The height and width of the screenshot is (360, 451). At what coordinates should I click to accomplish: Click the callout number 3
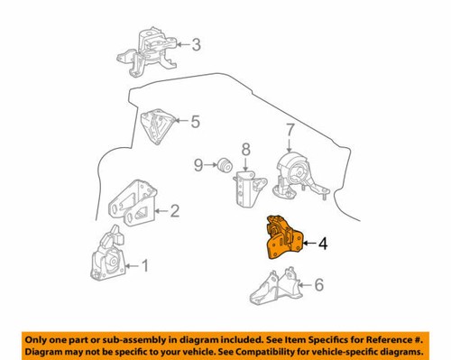coord(197,43)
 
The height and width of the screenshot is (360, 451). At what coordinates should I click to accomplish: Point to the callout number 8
coord(244,147)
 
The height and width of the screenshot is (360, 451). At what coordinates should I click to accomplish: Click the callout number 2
coord(174,212)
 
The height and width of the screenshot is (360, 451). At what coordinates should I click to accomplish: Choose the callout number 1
coord(149,265)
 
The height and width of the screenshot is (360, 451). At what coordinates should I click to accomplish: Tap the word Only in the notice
coord(40,336)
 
